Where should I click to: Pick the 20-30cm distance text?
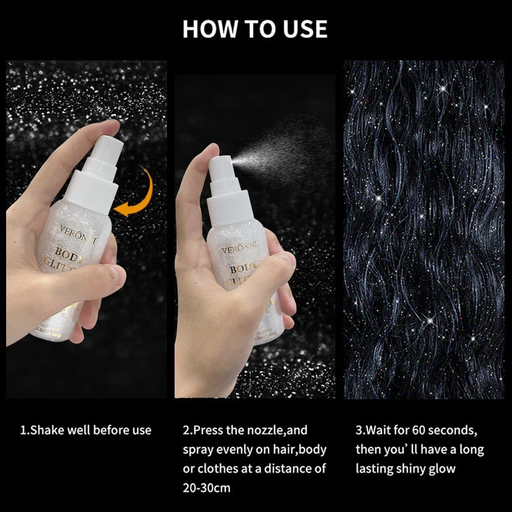207,488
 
